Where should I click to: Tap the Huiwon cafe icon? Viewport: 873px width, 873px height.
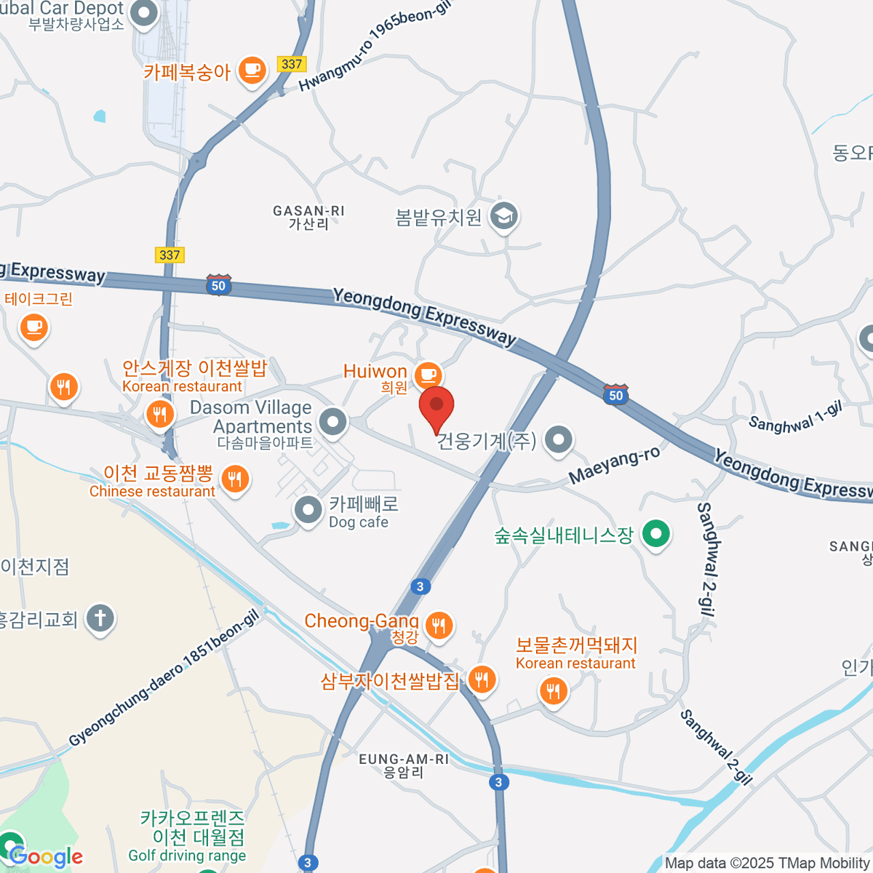pyautogui.click(x=428, y=375)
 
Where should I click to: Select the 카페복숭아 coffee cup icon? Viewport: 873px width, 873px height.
pyautogui.click(x=252, y=71)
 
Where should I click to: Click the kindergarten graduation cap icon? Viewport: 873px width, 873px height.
pyautogui.click(x=503, y=215)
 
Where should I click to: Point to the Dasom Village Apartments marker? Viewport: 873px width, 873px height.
pyautogui.click(x=333, y=421)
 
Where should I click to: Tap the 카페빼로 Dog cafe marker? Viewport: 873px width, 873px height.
pyautogui.click(x=308, y=510)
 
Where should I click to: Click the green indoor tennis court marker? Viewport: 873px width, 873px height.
pyautogui.click(x=656, y=534)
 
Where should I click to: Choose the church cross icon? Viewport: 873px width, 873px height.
pyautogui.click(x=100, y=619)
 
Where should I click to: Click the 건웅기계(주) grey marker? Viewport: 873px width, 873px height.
pyautogui.click(x=559, y=439)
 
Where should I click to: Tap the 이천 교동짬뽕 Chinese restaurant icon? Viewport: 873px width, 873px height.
pyautogui.click(x=234, y=479)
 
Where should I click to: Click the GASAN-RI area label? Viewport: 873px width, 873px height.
pyautogui.click(x=308, y=217)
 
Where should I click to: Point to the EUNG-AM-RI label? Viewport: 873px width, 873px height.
pyautogui.click(x=404, y=765)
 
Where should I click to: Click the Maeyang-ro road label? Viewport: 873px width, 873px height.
pyautogui.click(x=615, y=465)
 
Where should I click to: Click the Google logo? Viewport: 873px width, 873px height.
pyautogui.click(x=45, y=857)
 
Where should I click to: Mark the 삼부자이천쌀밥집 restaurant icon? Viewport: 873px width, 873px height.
pyautogui.click(x=481, y=679)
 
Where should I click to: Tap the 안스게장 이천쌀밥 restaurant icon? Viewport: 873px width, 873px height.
pyautogui.click(x=159, y=415)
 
